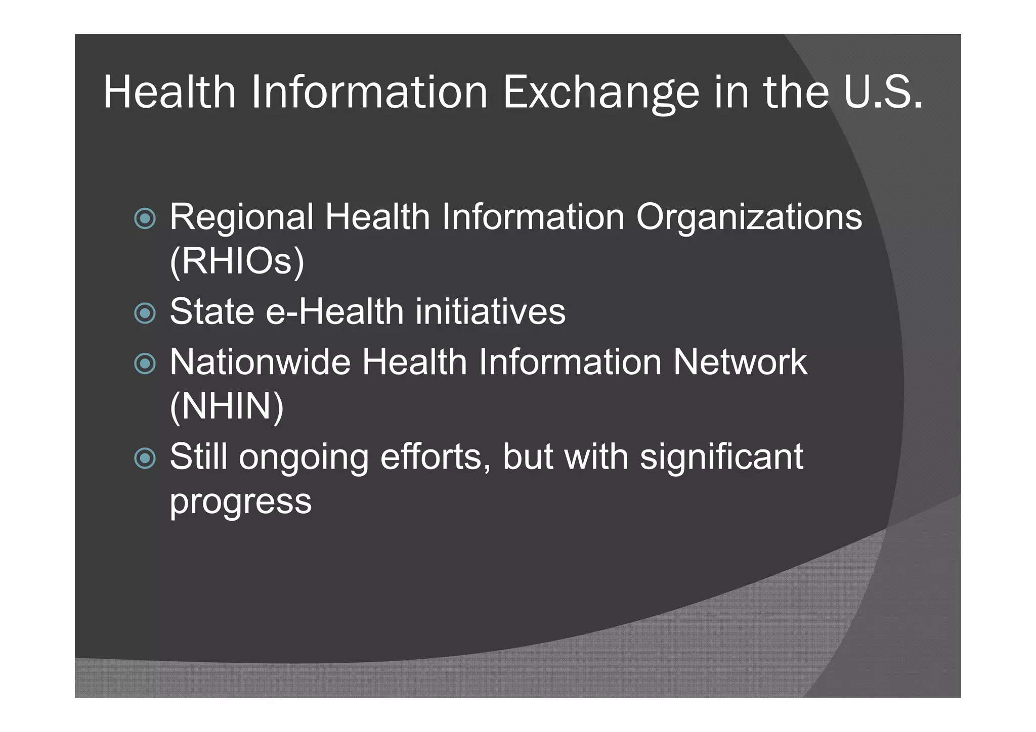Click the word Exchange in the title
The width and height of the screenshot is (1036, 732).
[x=601, y=93]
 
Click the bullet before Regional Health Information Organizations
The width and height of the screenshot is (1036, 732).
[x=145, y=218]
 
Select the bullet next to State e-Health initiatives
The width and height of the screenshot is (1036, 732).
[x=145, y=313]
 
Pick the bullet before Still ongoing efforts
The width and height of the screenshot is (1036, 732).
[x=145, y=458]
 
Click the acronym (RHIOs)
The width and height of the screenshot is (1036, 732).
[x=237, y=261]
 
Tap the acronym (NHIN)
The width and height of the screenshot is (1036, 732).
[x=227, y=406]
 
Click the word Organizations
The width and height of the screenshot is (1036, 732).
[x=749, y=217]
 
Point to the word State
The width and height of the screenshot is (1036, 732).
[x=212, y=312]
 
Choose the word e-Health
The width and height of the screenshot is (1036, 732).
[x=334, y=312]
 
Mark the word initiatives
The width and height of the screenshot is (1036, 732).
[x=490, y=312]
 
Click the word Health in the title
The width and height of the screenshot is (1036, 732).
[x=169, y=93]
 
